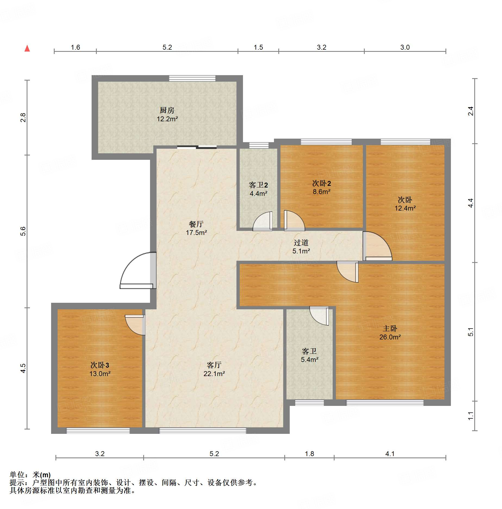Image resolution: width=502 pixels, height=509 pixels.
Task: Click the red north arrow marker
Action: [27, 48]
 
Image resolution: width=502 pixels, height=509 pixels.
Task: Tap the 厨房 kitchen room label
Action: [167, 110]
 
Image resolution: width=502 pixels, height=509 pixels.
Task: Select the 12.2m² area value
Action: [167, 119]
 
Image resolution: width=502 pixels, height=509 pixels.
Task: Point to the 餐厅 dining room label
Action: [196, 224]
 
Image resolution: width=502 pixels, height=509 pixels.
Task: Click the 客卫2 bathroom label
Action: [258, 185]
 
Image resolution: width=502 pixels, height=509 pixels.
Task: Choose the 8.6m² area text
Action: [322, 192]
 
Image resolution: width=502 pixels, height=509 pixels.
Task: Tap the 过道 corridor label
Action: [301, 243]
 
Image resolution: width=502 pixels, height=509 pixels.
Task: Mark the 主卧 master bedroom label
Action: [390, 329]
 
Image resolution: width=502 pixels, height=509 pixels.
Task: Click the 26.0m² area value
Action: [390, 337]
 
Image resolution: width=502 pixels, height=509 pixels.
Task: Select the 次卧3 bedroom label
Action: [100, 365]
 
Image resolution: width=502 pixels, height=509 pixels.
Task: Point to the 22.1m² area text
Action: [214, 374]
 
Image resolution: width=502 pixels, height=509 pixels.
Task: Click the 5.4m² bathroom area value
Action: [310, 360]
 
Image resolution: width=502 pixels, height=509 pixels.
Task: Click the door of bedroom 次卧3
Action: [135, 325]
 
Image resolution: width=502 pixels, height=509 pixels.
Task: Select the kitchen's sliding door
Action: [197, 147]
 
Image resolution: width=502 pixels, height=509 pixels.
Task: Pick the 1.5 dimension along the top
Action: [258, 47]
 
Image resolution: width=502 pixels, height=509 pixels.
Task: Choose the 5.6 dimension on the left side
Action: [23, 231]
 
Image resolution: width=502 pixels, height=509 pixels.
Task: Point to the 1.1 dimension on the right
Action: [471, 416]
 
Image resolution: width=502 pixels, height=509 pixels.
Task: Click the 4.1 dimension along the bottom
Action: [390, 454]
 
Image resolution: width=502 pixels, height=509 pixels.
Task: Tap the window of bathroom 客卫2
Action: [259, 145]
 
